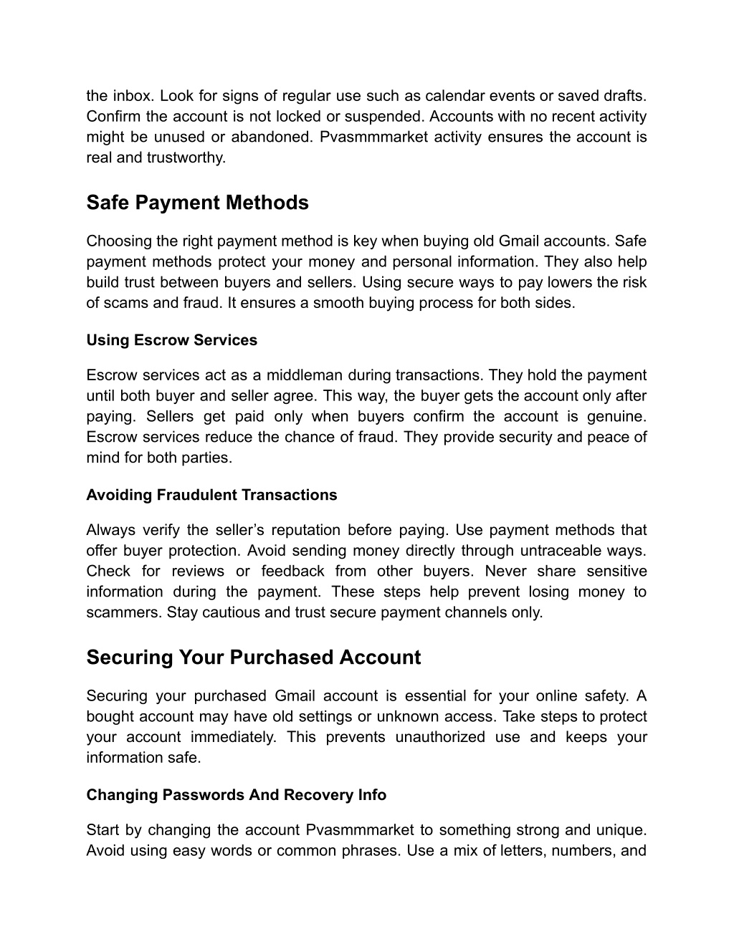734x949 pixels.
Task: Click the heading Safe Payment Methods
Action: coord(197,203)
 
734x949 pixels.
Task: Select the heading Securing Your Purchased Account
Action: coord(253,657)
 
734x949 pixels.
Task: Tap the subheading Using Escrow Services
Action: coord(171,340)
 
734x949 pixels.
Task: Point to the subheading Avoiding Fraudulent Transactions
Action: coord(211,495)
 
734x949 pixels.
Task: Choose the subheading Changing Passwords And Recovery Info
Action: coord(236,795)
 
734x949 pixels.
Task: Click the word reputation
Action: coord(300,530)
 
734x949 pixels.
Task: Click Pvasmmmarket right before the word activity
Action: coord(367,137)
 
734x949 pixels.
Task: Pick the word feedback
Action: coord(292,572)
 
